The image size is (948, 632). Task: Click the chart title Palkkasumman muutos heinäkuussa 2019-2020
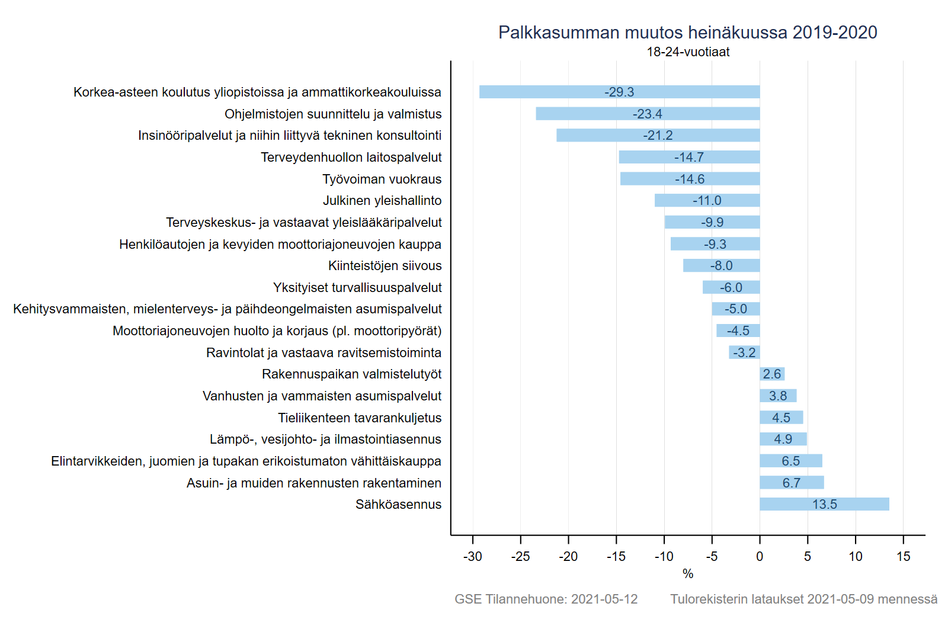tap(687, 33)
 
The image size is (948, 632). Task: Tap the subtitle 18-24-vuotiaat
tap(687, 52)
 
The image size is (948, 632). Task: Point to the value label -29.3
tap(619, 92)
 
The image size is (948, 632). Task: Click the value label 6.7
tap(791, 483)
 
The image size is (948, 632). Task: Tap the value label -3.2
tap(744, 353)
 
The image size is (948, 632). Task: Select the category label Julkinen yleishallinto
tap(382, 201)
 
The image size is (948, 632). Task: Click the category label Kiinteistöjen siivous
tap(385, 266)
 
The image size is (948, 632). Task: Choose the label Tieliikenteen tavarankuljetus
tap(360, 418)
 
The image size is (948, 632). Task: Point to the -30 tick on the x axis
tap(472, 556)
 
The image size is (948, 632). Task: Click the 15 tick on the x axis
tap(903, 556)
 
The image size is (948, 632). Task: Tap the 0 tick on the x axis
tap(760, 556)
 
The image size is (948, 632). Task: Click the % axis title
tap(687, 573)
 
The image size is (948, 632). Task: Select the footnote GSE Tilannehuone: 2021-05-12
tap(546, 599)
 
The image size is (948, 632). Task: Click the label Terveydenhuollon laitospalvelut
tap(351, 158)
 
